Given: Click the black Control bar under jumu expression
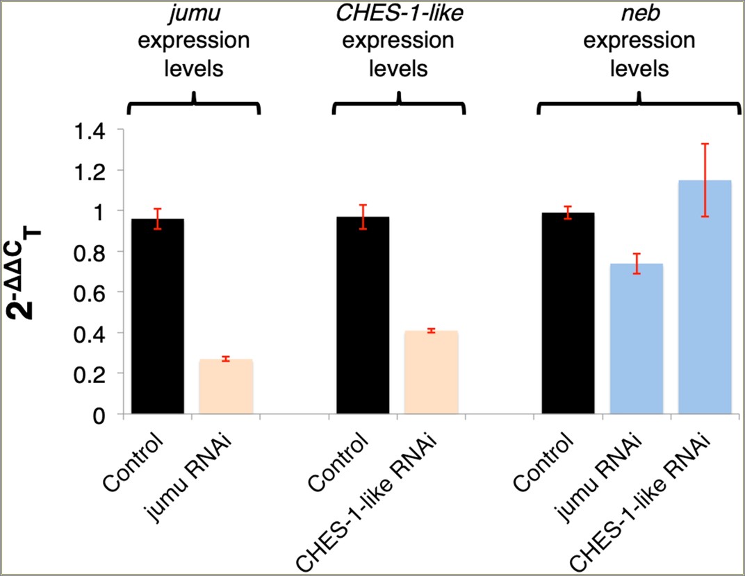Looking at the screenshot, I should coord(157,317).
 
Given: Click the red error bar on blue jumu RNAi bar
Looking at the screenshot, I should coord(636,264).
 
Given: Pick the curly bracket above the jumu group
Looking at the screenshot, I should coord(193,104).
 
